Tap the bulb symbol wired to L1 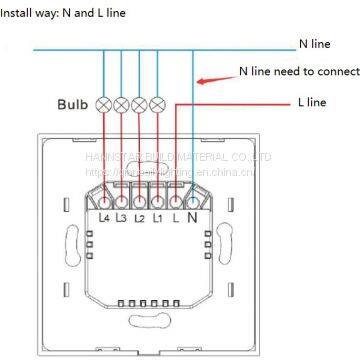coord(156,104)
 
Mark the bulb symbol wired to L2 coord(140,104)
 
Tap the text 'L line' coord(311,102)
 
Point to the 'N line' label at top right coord(315,44)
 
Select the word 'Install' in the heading coord(20,11)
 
